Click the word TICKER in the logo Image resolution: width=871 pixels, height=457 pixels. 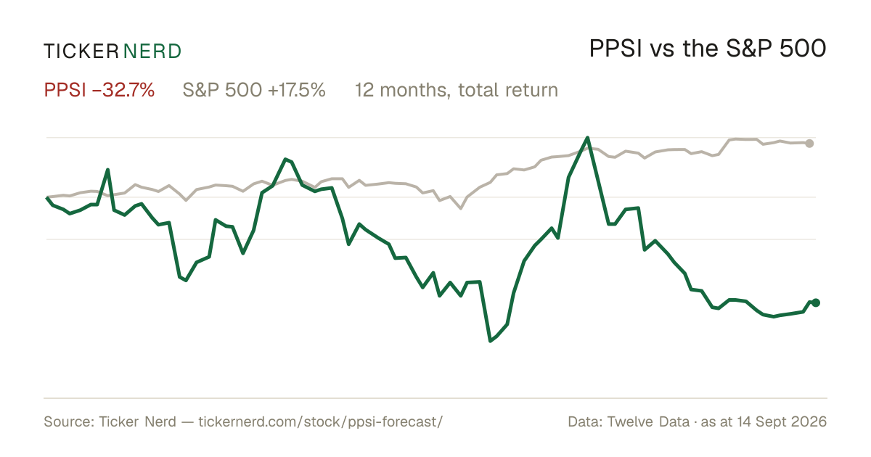tap(81, 52)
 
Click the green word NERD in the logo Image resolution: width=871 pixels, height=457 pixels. tap(152, 52)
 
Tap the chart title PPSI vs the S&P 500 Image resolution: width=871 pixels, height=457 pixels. tap(708, 49)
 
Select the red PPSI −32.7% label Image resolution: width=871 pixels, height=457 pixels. tap(99, 90)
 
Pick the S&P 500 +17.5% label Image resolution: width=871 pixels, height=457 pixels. tap(254, 90)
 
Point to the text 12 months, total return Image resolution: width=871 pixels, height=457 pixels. tap(457, 90)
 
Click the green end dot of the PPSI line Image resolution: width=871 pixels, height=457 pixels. tap(816, 302)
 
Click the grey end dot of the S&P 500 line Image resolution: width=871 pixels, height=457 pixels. tap(809, 144)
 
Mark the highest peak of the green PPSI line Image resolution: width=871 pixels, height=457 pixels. tap(587, 138)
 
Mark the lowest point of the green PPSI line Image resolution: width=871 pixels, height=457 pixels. tap(491, 341)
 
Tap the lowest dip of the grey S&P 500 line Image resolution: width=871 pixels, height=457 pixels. tap(461, 208)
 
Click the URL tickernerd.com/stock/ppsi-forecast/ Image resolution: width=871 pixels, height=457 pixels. tap(320, 421)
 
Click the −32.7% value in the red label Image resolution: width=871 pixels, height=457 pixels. tap(123, 90)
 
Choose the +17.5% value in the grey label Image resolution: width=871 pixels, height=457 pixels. tap(297, 90)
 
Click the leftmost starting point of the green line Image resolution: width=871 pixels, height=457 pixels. tap(47, 198)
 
